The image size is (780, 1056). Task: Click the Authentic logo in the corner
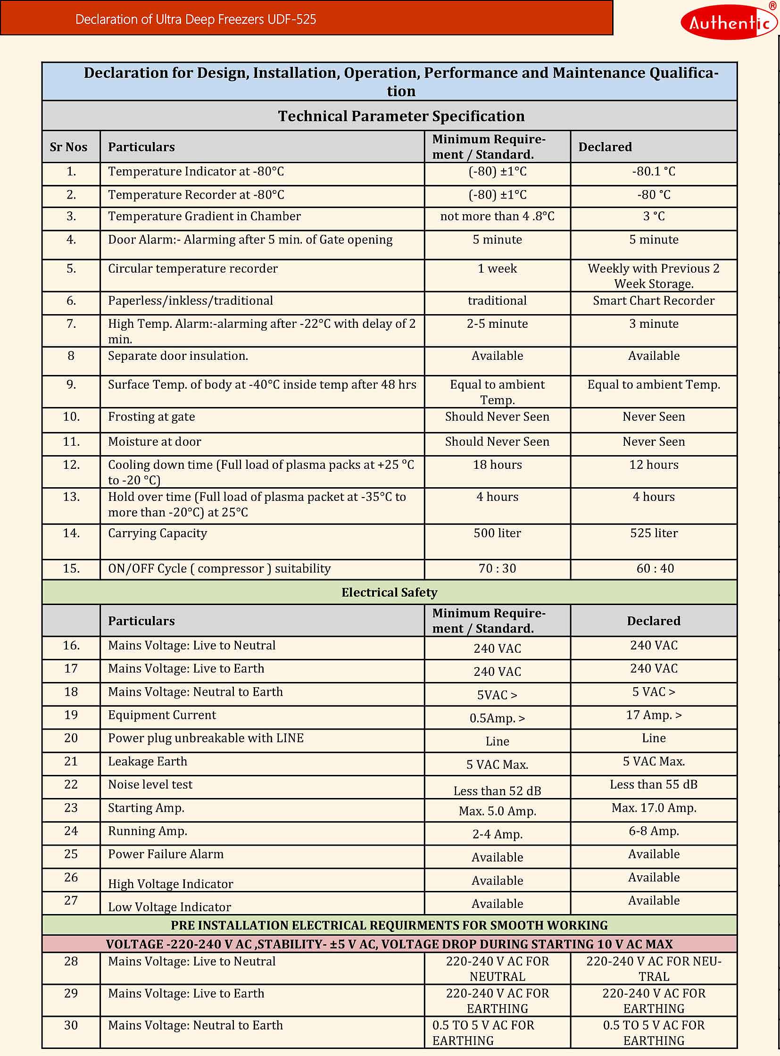[x=728, y=22]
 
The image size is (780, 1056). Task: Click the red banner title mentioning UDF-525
[x=196, y=19]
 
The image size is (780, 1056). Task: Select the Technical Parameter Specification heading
[x=401, y=116]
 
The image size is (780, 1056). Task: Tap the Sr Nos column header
[x=68, y=147]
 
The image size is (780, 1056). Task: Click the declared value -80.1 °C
[x=654, y=171]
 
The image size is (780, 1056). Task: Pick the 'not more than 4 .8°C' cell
[x=497, y=216]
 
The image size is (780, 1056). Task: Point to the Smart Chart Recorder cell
[x=654, y=301]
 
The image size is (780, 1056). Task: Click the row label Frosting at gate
[x=151, y=417]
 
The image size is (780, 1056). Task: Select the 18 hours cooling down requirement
[x=497, y=465]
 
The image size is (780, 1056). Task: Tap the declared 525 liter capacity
[x=654, y=533]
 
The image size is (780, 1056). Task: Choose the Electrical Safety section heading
[x=389, y=592]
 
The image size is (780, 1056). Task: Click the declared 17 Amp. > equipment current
[x=654, y=715]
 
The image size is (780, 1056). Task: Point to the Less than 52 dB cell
[x=497, y=790]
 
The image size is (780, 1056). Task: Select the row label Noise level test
[x=150, y=784]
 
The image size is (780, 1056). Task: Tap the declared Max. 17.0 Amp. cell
[x=654, y=807]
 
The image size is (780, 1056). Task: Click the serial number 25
[x=71, y=854]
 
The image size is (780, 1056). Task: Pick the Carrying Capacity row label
[x=157, y=533]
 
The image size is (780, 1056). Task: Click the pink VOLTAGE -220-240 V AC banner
[x=389, y=944]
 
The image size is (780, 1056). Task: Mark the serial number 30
[x=71, y=1025]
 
